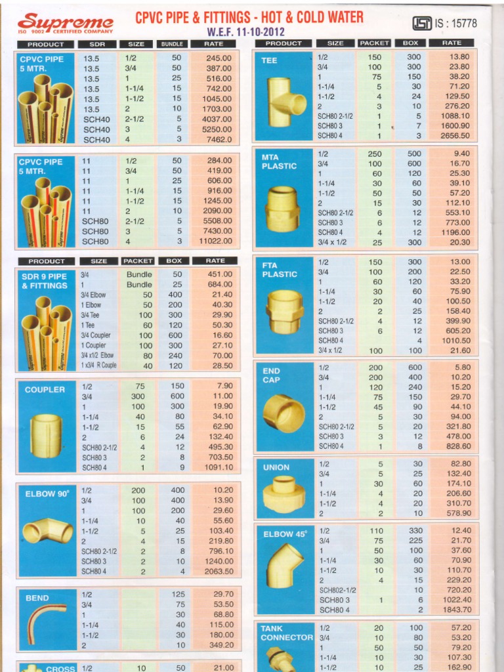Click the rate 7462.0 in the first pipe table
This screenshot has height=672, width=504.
point(219,140)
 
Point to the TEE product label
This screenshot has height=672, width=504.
point(269,60)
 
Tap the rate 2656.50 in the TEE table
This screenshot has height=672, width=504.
point(455,136)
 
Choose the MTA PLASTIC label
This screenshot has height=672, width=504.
point(279,161)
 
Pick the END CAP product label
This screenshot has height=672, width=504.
point(272,375)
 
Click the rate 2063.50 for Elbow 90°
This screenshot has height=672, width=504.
point(219,572)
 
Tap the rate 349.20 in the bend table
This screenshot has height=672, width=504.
point(220,646)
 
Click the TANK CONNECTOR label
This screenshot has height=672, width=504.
point(287,633)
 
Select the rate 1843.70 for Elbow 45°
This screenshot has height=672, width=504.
point(456,610)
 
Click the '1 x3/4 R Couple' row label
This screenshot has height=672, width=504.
point(98,366)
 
